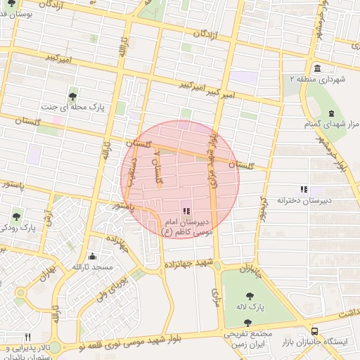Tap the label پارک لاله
point(250,308)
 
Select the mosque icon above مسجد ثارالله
point(93,257)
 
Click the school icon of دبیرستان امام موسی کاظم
point(185,211)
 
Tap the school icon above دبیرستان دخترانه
point(304,189)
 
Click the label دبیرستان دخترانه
point(304,200)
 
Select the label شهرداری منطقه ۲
point(318,80)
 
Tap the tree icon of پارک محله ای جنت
point(72,97)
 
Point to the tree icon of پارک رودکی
point(17,217)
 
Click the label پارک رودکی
point(18,228)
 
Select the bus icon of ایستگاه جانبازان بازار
point(314,330)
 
